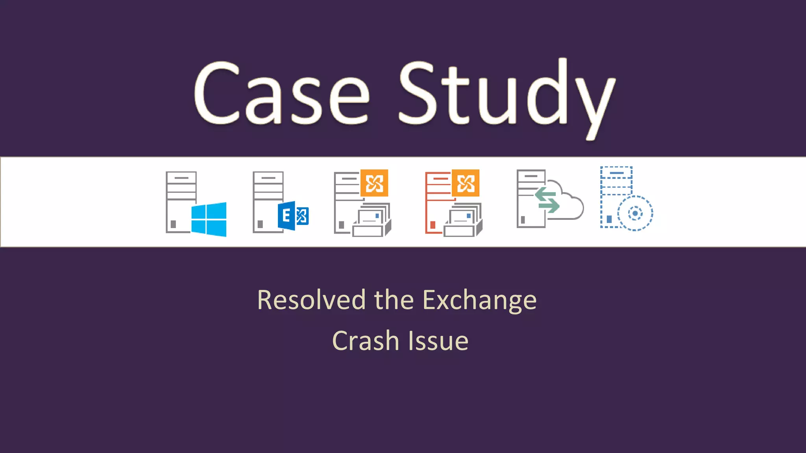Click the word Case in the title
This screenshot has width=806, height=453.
tap(281, 94)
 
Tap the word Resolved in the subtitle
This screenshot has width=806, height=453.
tap(311, 300)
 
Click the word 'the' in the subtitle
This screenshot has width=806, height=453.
tap(394, 300)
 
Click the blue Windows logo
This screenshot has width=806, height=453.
tap(209, 219)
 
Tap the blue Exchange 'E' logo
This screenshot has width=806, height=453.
tap(293, 216)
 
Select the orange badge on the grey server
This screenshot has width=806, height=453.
tap(374, 183)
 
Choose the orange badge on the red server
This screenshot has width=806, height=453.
tap(466, 183)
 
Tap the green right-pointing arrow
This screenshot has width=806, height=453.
tap(549, 206)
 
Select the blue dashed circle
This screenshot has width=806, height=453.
tap(635, 214)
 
